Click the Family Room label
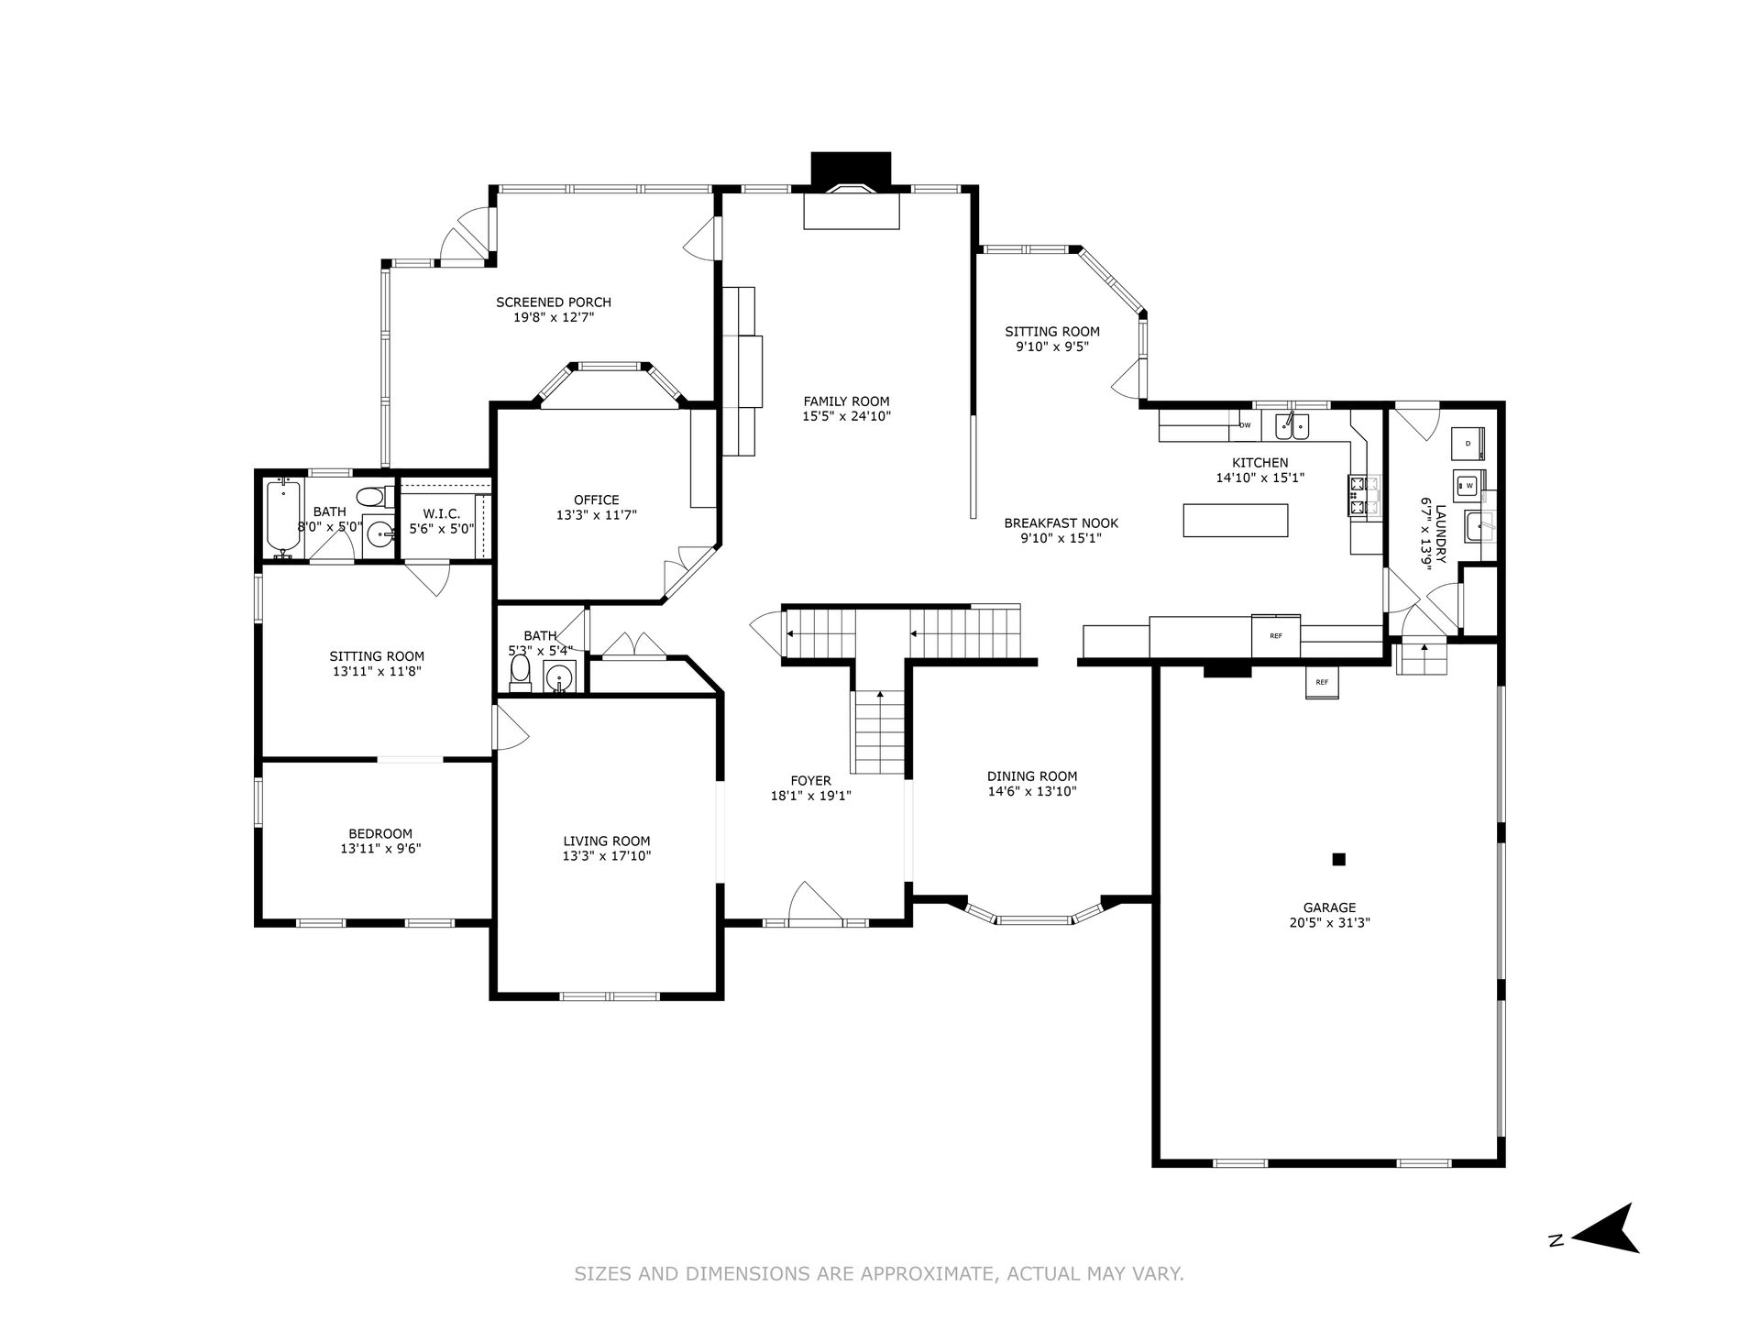[x=846, y=401]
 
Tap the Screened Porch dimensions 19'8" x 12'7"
[x=554, y=318]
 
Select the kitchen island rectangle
[x=1236, y=520]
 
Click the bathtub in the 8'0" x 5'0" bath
[x=281, y=518]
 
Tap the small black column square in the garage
[x=1338, y=859]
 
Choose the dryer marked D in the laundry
[x=1468, y=444]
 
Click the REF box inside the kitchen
[x=1276, y=634]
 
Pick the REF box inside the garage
[x=1322, y=682]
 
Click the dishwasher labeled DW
[x=1245, y=425]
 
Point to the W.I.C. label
[x=442, y=513]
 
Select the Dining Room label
[x=1032, y=776]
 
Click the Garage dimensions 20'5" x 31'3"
[x=1329, y=923]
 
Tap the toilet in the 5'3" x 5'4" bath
[x=521, y=670]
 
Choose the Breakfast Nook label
[x=1061, y=523]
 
